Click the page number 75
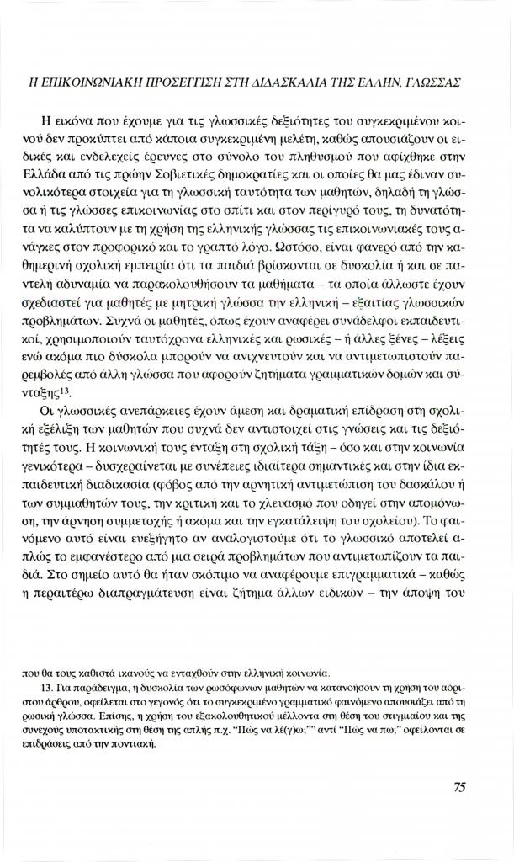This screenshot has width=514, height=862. pyautogui.click(x=459, y=787)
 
